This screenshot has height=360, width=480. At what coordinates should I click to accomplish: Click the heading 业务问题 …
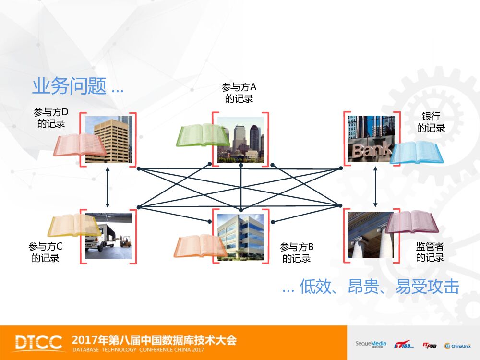tap(77, 87)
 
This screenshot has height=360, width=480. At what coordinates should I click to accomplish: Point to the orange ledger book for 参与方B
tap(200, 245)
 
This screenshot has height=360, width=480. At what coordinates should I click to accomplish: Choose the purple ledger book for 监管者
tap(413, 223)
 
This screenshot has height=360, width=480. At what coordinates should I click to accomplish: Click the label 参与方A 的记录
tap(239, 93)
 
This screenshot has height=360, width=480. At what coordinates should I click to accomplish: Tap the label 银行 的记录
tap(431, 122)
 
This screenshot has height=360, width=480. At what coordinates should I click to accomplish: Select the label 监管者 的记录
tap(430, 252)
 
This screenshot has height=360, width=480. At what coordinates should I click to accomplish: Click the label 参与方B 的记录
tap(297, 253)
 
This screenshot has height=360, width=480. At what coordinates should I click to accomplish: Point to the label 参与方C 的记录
tap(46, 252)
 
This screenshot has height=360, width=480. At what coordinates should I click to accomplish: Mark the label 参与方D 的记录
tap(51, 118)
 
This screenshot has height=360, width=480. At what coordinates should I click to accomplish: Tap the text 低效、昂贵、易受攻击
tap(379, 287)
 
